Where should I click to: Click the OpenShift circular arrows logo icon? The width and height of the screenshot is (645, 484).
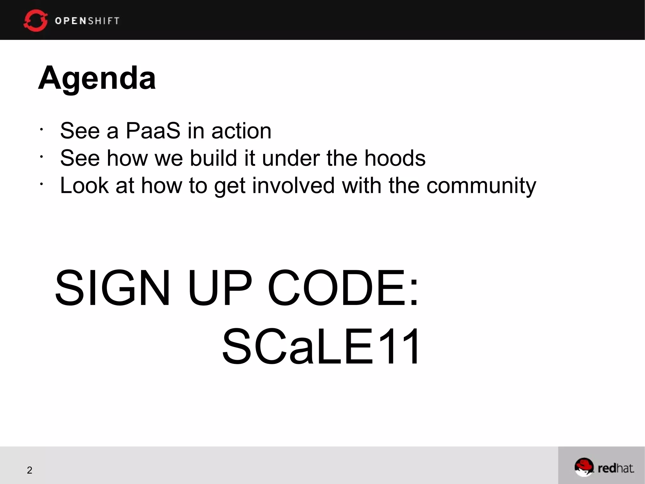coord(35,20)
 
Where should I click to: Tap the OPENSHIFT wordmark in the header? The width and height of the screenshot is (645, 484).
coord(87,21)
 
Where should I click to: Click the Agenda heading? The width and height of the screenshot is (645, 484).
coord(97,78)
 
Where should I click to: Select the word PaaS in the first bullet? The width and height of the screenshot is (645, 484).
coord(153,131)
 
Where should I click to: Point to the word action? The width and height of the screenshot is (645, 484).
coord(241,131)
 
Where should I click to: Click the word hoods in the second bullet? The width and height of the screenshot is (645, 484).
coord(395,158)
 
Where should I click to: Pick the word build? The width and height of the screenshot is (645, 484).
coord(213,158)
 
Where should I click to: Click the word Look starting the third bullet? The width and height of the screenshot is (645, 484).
coord(84,185)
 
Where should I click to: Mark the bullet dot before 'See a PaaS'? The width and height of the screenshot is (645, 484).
coord(41,129)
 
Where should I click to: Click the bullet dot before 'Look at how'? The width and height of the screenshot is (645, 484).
coord(41,184)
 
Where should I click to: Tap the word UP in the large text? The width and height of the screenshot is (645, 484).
coord(220,288)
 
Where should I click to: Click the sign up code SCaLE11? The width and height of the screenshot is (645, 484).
coord(321,346)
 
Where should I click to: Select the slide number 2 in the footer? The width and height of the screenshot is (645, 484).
coord(30,470)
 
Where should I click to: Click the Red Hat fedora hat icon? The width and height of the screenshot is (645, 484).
coord(583,467)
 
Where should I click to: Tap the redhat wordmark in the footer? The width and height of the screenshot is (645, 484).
coord(616,468)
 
